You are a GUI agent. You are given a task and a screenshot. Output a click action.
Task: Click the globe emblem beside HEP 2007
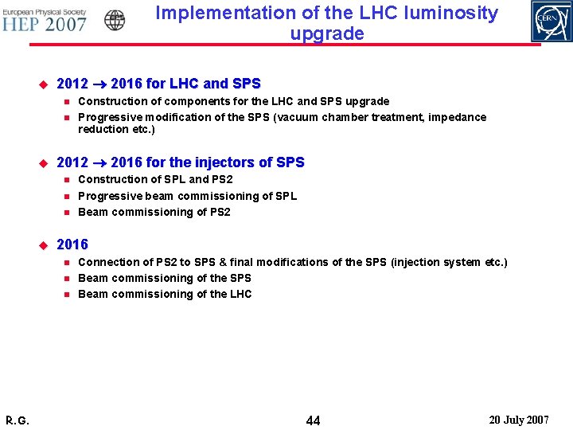115,21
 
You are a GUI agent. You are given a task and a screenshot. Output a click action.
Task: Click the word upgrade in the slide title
327,33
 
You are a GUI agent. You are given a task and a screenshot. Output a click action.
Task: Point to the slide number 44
313,420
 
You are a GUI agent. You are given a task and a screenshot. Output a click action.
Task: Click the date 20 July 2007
518,420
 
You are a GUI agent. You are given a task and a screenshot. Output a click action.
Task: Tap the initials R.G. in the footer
17,420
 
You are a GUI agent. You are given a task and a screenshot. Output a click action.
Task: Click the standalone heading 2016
72,244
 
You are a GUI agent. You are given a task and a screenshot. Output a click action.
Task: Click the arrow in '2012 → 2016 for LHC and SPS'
99,84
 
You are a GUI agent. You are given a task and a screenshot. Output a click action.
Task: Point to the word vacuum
296,117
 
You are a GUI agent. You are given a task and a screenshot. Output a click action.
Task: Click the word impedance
457,117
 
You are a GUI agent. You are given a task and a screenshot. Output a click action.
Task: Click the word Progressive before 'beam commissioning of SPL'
110,196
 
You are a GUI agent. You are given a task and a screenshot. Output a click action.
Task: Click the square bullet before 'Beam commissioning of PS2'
68,212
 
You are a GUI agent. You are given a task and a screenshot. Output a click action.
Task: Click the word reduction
103,129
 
